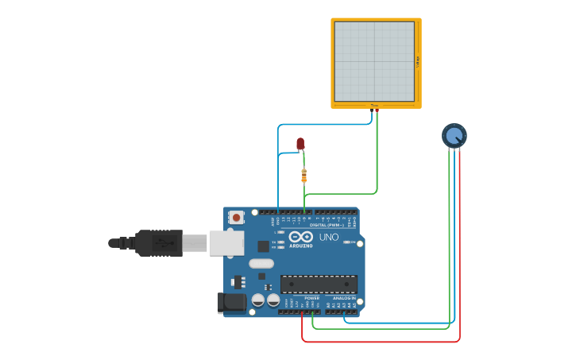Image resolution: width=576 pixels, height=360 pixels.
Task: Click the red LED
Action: pyautogui.click(x=300, y=143)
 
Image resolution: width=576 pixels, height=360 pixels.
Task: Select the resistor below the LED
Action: pyautogui.click(x=303, y=176)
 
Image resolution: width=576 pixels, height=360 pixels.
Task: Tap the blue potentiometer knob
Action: pyautogui.click(x=454, y=136)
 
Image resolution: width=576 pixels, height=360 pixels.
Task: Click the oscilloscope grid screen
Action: pyautogui.click(x=374, y=61)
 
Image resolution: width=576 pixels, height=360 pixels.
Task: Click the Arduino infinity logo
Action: pyautogui.click(x=300, y=237)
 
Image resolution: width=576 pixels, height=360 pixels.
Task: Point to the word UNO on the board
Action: pyautogui.click(x=328, y=237)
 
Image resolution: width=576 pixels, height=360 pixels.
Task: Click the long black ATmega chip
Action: pyautogui.click(x=319, y=284)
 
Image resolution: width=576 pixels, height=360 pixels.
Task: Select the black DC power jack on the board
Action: pyautogui.click(x=231, y=302)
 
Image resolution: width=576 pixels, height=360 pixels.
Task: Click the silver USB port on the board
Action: pyautogui.click(x=226, y=243)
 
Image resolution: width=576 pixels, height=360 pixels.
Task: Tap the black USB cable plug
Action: pyautogui.click(x=158, y=243)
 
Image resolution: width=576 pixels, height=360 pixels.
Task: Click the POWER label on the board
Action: pyautogui.click(x=311, y=298)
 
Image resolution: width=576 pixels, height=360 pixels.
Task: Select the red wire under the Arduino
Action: pyautogui.click(x=381, y=342)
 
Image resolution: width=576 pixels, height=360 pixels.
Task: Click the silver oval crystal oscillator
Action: pyautogui.click(x=261, y=263)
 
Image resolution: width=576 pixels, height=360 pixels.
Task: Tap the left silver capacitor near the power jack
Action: pyautogui.click(x=258, y=300)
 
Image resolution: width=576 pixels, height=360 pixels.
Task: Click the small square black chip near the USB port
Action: pyautogui.click(x=263, y=246)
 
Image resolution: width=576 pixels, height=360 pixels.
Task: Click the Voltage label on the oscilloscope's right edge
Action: pyautogui.click(x=417, y=61)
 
